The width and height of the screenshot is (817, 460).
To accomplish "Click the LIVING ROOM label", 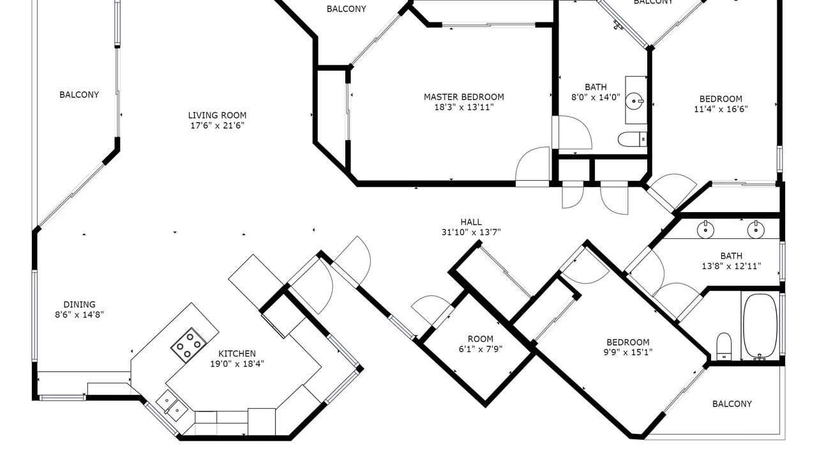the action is coord(217,116).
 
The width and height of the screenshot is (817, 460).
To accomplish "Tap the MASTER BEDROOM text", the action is coord(464,97).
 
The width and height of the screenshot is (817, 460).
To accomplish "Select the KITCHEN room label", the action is coord(237,354).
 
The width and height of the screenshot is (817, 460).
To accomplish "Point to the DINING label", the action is coord(80,305).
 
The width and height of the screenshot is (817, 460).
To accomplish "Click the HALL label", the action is coord(471,222).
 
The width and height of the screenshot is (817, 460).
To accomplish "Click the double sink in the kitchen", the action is coord(172,406).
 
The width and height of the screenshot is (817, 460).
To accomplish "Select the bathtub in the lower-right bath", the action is coord(760,326).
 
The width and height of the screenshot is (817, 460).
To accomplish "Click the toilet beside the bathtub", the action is coord(724,346).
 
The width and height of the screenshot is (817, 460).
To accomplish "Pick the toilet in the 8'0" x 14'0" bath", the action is coord(633,139).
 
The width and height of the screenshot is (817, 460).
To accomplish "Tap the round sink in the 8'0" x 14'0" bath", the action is coord(635,101).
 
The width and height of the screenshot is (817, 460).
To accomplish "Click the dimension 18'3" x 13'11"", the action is coord(464,107).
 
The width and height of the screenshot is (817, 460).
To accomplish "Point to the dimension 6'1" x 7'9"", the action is coord(481,349).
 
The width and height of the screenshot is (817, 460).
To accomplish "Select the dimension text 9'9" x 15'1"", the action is coord(627,352).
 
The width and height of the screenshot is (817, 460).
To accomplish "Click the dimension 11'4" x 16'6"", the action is coord(721,109).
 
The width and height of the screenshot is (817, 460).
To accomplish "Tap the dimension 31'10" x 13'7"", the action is coord(471,232).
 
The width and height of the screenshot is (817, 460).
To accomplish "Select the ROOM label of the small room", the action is coord(481,339).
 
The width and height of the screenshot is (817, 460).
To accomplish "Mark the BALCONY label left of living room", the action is coord(79,95).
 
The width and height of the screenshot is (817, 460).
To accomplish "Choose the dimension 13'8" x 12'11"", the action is coord(731,266).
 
